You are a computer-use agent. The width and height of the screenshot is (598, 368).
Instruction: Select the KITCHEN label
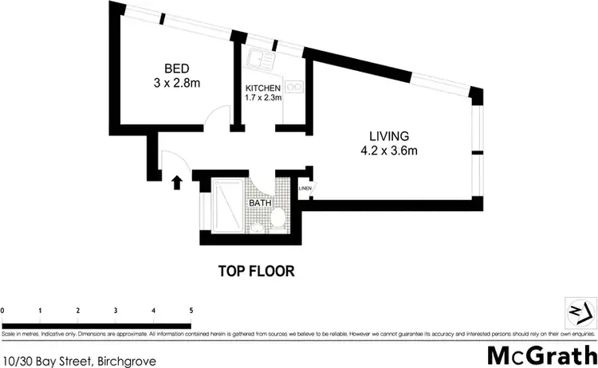click(x=263, y=88)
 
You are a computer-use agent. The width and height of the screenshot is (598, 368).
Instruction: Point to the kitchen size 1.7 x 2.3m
click(x=263, y=99)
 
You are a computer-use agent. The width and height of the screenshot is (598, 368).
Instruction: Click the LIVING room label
click(x=388, y=135)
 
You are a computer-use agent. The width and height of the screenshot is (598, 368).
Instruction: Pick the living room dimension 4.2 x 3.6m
click(x=388, y=151)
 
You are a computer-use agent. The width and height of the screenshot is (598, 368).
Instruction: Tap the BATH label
click(x=260, y=204)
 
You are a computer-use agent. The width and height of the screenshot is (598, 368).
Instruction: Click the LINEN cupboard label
click(x=305, y=189)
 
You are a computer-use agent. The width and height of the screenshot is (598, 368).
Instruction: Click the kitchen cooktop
click(x=295, y=85)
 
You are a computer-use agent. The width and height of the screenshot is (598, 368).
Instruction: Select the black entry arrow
click(x=177, y=182)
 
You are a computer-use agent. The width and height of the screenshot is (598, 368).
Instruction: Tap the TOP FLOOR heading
click(x=257, y=271)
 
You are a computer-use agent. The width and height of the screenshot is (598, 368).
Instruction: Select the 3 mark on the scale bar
click(x=116, y=311)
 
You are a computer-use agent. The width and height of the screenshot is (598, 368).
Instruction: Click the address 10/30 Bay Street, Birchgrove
click(x=78, y=360)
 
